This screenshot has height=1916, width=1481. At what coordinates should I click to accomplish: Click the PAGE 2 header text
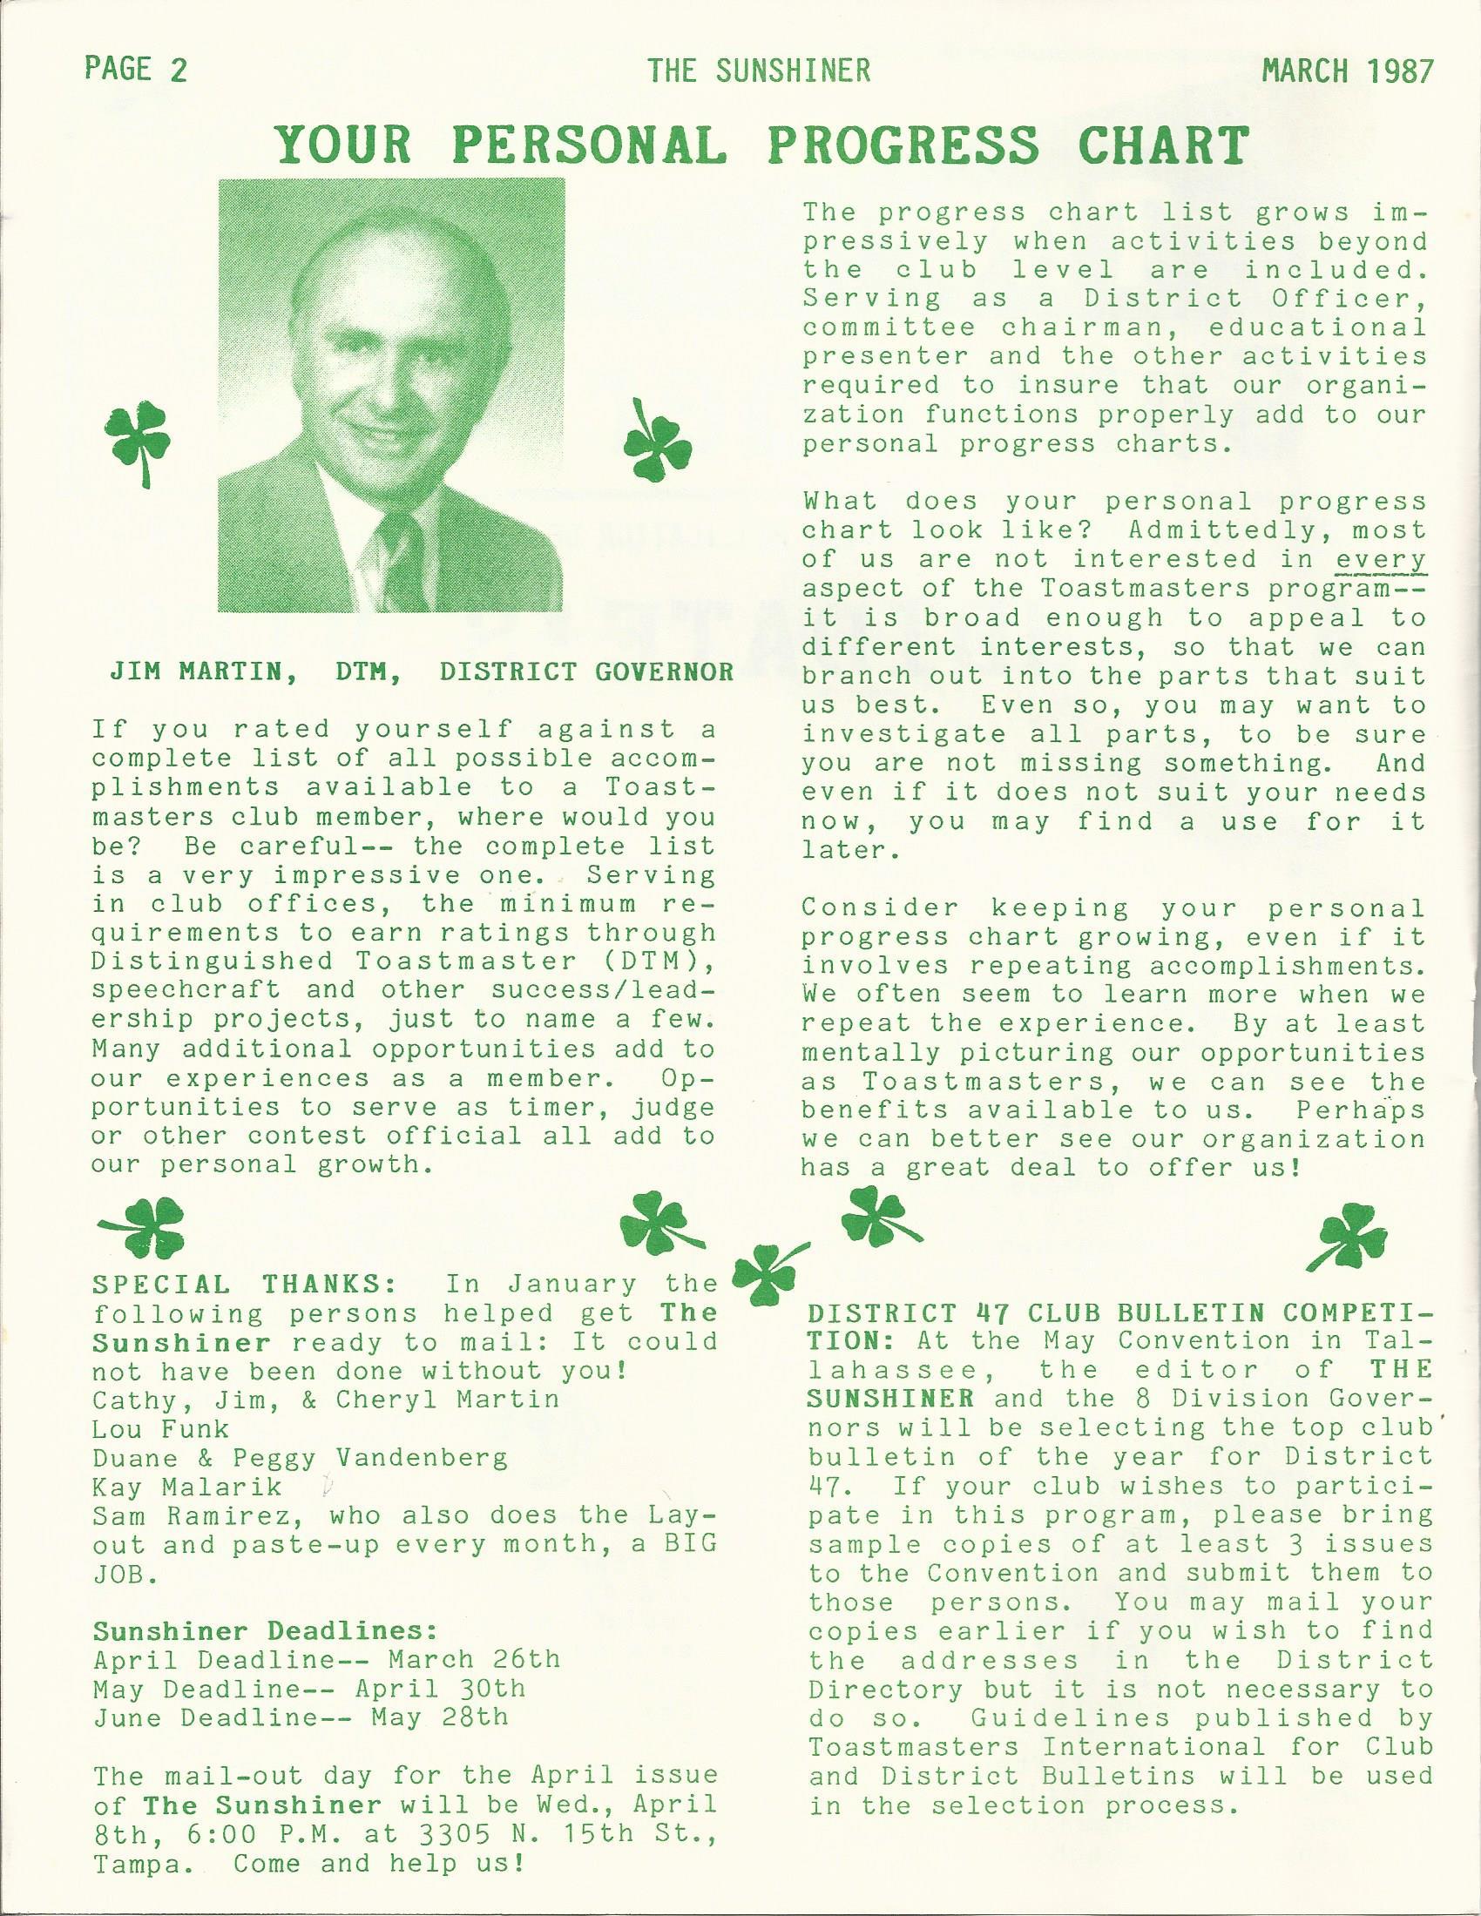(x=136, y=70)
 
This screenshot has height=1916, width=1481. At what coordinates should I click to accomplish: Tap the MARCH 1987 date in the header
(x=1346, y=70)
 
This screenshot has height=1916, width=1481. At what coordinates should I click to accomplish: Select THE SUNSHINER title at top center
(x=759, y=70)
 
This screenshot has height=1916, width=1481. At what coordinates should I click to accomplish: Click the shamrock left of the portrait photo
(x=139, y=443)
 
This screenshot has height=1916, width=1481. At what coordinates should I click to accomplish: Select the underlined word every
(x=1381, y=559)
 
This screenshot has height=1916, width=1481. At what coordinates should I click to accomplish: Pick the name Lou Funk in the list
(x=159, y=1429)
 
